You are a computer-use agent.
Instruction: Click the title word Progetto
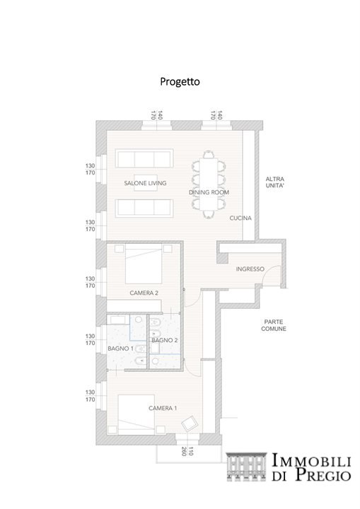[x=180, y=81]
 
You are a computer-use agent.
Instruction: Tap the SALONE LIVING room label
[x=145, y=183]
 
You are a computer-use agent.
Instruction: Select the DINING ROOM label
[x=209, y=192]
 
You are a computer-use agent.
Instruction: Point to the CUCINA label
[x=240, y=218]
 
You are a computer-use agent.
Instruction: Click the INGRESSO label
[x=250, y=269]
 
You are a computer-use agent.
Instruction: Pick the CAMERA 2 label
[x=144, y=293]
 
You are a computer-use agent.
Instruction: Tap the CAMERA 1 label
[x=163, y=408]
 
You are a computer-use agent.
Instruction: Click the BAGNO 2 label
[x=165, y=340]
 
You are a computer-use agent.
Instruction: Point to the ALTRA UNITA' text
[x=275, y=182]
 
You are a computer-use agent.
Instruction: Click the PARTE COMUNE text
[x=274, y=325]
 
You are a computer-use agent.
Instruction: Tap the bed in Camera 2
[x=144, y=264]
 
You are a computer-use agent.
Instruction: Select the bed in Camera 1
[x=136, y=414]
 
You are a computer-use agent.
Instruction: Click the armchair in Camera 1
[x=190, y=423]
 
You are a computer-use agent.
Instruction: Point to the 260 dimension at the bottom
[x=184, y=451]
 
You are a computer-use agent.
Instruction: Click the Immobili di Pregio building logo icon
[x=247, y=467]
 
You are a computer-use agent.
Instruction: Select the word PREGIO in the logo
[x=323, y=474]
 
